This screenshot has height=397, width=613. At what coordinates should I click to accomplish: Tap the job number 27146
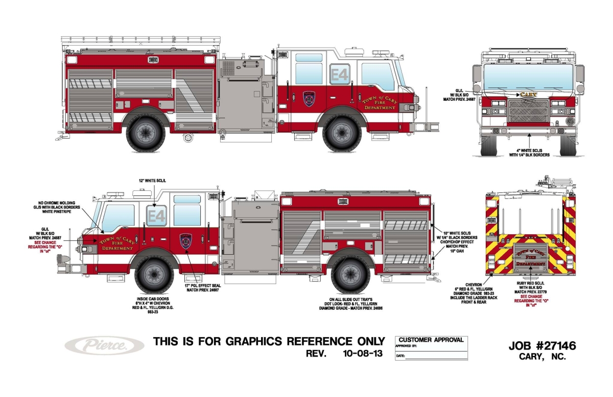point(543,346)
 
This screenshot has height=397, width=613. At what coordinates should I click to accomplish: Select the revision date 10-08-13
point(361,354)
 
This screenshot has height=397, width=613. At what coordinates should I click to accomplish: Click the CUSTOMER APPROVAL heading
point(431,340)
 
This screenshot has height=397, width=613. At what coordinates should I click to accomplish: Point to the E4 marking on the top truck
point(339,75)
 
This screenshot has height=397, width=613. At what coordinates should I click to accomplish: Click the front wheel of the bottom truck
point(154,275)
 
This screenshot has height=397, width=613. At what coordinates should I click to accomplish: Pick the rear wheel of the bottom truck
point(350,275)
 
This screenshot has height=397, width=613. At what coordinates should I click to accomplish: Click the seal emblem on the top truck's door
point(309,98)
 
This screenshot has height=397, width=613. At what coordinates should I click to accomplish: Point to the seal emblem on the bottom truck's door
point(186,241)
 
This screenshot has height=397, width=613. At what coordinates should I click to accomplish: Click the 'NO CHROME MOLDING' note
point(58,203)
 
